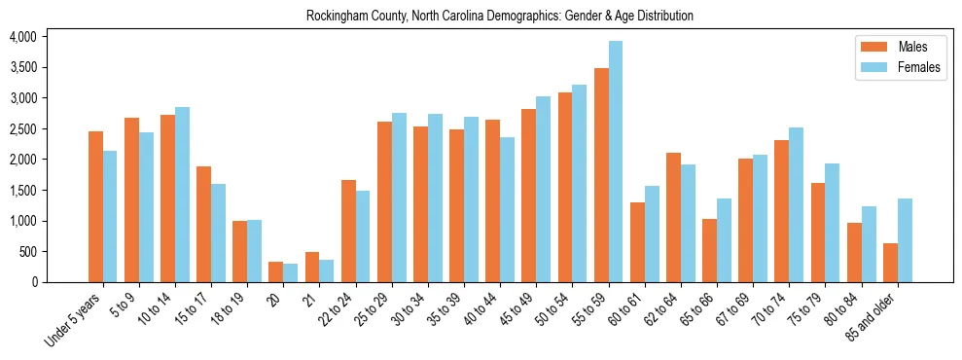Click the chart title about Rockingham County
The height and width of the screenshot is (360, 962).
point(499,17)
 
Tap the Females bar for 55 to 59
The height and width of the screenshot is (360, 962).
point(616,162)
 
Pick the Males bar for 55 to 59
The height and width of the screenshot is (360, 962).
point(601,175)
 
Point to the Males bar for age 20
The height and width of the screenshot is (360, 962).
point(276,271)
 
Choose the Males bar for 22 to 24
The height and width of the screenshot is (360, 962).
point(348,231)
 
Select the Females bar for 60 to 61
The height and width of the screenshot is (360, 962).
point(652,234)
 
